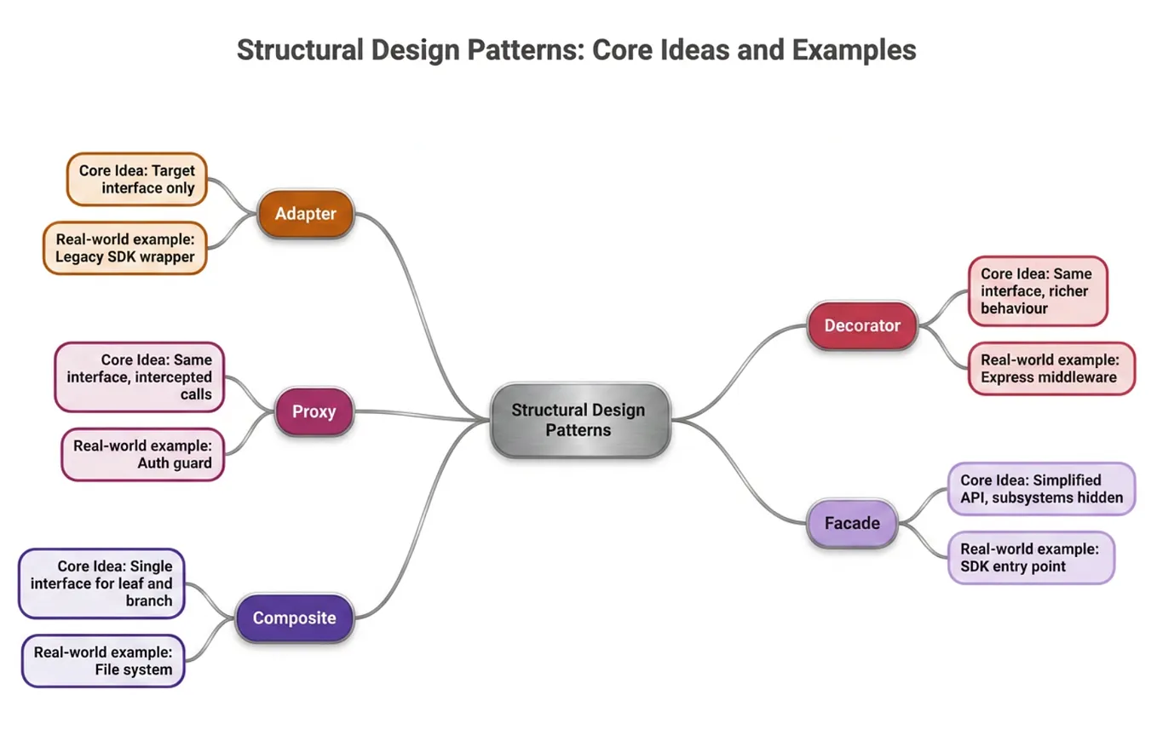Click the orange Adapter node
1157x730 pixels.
point(306,214)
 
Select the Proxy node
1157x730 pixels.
point(314,411)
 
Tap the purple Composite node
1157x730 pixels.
point(295,618)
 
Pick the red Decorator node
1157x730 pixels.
point(862,325)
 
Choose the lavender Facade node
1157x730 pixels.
point(852,524)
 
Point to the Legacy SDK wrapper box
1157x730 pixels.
point(125,249)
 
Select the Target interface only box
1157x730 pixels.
point(137,179)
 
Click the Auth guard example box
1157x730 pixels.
point(142,455)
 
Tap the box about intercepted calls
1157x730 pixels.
point(140,377)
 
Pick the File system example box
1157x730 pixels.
point(103,661)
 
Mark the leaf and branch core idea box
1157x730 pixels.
point(101,583)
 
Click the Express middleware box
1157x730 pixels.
point(1051,369)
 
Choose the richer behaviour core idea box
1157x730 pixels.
point(1039,291)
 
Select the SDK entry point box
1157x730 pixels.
point(1032,558)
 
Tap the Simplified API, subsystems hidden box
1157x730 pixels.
point(1042,489)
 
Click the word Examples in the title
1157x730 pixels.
point(855,50)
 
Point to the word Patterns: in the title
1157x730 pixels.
point(526,50)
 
